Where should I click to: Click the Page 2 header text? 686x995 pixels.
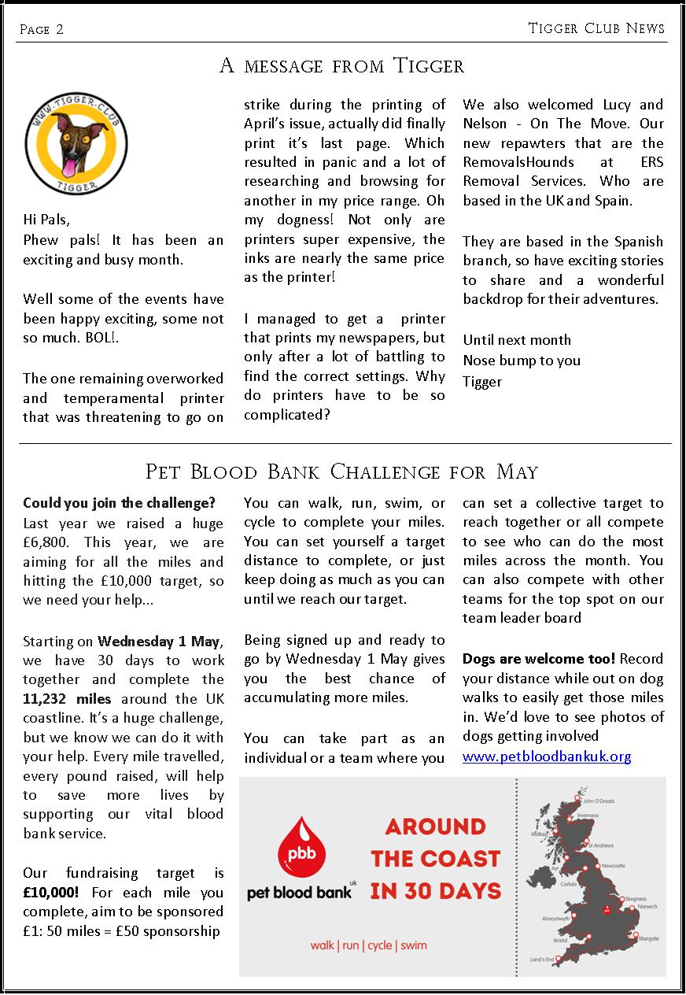[42, 29]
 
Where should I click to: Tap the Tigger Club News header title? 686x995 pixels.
[596, 28]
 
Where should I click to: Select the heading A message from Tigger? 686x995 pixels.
[342, 66]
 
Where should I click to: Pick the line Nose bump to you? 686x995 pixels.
[522, 361]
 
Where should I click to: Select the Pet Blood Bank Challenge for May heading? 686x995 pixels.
[342, 472]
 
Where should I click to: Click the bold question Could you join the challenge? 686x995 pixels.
[119, 503]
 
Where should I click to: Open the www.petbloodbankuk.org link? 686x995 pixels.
[547, 756]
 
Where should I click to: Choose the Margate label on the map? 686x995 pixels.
[649, 939]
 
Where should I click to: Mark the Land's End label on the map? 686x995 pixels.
[542, 960]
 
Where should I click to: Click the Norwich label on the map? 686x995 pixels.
[647, 906]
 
